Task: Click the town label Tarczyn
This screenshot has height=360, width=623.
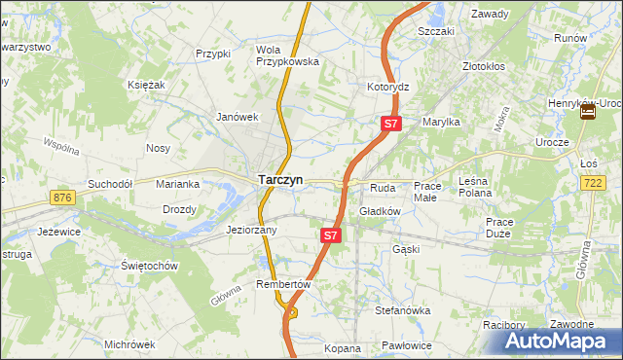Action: point(280,180)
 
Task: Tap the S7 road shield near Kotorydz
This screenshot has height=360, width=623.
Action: point(389,124)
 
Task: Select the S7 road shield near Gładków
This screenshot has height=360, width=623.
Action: point(331,235)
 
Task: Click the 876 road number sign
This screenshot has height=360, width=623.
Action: point(64,198)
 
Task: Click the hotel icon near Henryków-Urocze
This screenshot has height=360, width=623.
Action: point(588,113)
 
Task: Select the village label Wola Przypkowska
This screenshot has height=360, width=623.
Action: point(287,54)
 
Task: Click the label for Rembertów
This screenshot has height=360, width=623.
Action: point(282,284)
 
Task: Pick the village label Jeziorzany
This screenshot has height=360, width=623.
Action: point(252,231)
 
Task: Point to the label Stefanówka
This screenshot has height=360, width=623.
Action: point(403,310)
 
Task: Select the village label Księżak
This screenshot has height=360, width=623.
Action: point(146,85)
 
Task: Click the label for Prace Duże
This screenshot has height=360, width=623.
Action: point(499,227)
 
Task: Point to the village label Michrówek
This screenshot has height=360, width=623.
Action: point(129,344)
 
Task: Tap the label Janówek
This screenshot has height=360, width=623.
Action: point(238,117)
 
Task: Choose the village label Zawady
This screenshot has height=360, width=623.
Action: point(491,15)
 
